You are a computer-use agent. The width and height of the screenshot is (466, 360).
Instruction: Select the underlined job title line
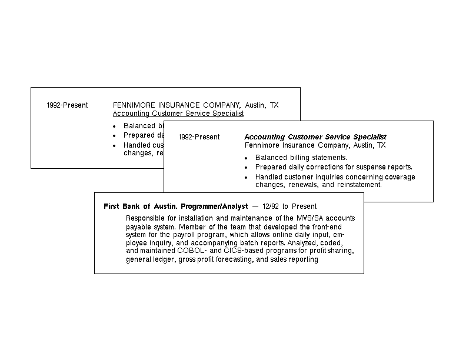tap(178, 114)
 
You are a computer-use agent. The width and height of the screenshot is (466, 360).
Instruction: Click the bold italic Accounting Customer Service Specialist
tap(315, 137)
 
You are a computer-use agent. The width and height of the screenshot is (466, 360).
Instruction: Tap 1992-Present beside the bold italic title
tap(199, 137)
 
